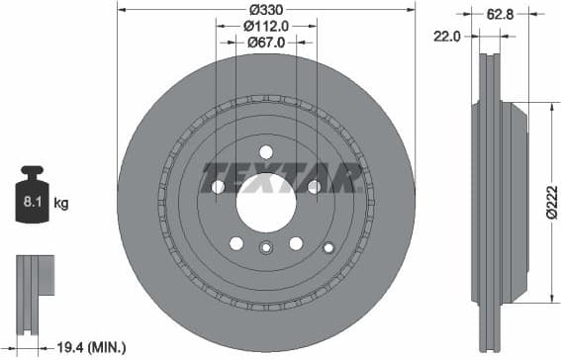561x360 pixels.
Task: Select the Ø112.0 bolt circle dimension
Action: click(x=265, y=26)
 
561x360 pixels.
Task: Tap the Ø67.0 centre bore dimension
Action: click(x=265, y=42)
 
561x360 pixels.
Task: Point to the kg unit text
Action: click(x=60, y=204)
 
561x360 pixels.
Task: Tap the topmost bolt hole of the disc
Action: click(x=265, y=150)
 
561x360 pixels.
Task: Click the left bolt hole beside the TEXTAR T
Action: click(x=218, y=186)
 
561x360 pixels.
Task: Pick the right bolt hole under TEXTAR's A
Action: click(x=314, y=186)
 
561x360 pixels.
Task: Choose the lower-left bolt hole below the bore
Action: click(x=235, y=243)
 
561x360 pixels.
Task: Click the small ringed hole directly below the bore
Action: click(x=265, y=248)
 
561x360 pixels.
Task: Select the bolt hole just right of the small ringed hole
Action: click(x=295, y=243)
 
